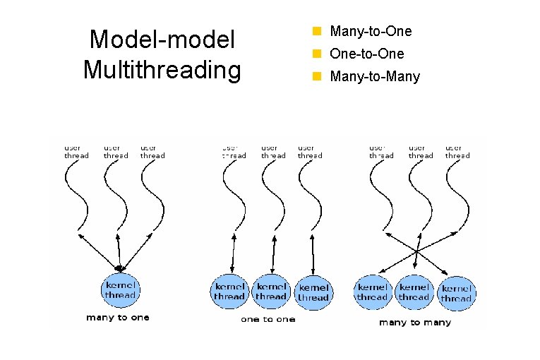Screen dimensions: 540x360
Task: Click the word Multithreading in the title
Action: [162, 71]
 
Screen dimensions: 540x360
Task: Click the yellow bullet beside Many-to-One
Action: [318, 32]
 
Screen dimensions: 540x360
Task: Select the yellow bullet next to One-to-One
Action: [318, 54]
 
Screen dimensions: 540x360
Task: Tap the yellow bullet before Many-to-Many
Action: [318, 76]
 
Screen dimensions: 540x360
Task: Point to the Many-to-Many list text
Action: [375, 76]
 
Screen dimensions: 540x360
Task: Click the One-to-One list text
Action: [367, 54]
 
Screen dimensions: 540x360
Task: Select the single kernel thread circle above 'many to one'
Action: [120, 289]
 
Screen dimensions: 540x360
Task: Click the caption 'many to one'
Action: [118, 318]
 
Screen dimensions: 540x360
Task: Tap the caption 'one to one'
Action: [268, 320]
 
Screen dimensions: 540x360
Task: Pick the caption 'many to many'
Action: [414, 323]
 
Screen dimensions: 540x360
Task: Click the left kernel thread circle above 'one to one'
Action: [230, 292]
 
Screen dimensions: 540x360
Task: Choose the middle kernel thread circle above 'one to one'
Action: [271, 292]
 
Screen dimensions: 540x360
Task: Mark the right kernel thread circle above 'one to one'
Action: [313, 293]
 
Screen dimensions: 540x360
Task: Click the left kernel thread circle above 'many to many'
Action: [372, 292]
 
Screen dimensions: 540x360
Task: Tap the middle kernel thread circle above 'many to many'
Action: [414, 292]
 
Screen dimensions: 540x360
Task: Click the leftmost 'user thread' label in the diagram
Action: [76, 152]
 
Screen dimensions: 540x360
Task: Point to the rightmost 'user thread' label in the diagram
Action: [457, 152]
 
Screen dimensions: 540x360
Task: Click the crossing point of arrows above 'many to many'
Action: [417, 252]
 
